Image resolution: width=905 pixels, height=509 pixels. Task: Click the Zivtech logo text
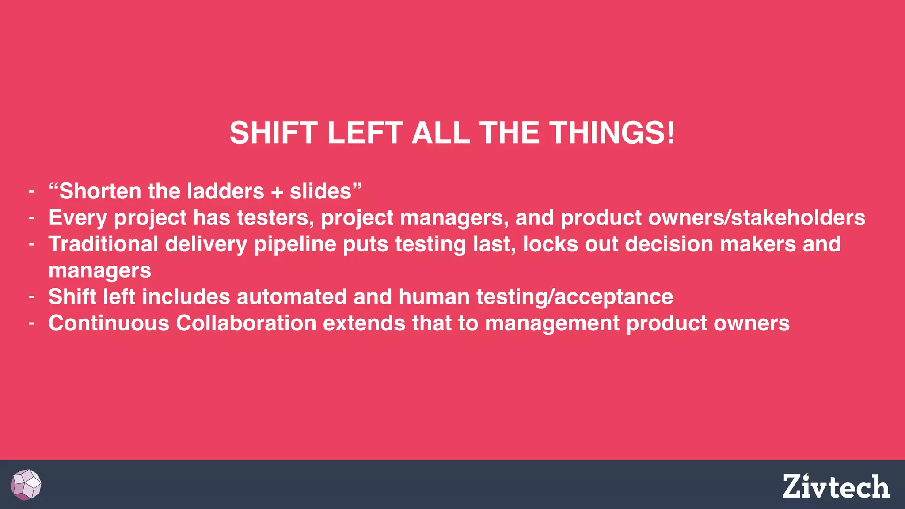(836, 486)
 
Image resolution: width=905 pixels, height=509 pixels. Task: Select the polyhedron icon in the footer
(26, 485)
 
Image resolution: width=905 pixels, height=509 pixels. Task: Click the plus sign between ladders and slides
(277, 192)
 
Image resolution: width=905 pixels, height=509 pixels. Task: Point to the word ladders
(225, 191)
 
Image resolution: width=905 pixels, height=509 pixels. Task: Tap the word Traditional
(103, 244)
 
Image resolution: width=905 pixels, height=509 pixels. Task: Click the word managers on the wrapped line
(99, 271)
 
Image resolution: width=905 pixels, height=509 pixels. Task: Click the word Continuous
(109, 323)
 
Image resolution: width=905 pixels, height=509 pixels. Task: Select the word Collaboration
(246, 323)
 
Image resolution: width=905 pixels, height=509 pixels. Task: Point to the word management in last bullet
(552, 324)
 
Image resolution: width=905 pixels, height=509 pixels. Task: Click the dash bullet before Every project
(31, 218)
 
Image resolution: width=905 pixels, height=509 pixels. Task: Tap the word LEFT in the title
(365, 133)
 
